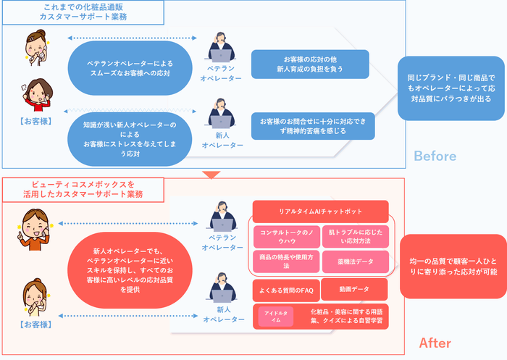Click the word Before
pos(435,156)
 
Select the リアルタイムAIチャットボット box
pos(321,212)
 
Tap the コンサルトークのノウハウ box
pos(285,236)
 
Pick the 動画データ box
pos(354,290)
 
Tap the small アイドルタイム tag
pos(276,317)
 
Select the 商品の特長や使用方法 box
pos(285,261)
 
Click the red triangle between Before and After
pos(210,174)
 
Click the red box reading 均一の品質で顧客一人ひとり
pos(453,266)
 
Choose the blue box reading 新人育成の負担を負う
pos(309,64)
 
